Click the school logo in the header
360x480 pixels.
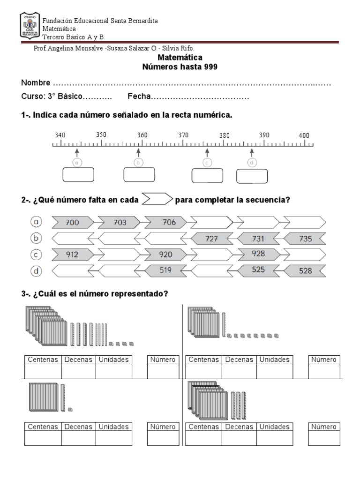(30, 26)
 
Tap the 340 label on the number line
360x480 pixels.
(60, 135)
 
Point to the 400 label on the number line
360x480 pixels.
(304, 135)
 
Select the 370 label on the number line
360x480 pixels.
(183, 135)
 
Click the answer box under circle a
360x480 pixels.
(78, 174)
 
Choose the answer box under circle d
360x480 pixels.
(252, 176)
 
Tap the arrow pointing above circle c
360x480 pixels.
(207, 153)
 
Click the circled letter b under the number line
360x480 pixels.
(138, 162)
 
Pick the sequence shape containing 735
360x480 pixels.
(304, 239)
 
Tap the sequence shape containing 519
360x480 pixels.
(165, 270)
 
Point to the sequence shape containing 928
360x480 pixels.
(258, 254)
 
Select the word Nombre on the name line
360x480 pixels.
(36, 83)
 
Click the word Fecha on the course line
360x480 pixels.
(138, 97)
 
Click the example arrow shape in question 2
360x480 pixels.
(157, 199)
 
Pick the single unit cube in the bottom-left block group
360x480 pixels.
(70, 409)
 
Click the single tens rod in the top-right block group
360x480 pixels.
(224, 325)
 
